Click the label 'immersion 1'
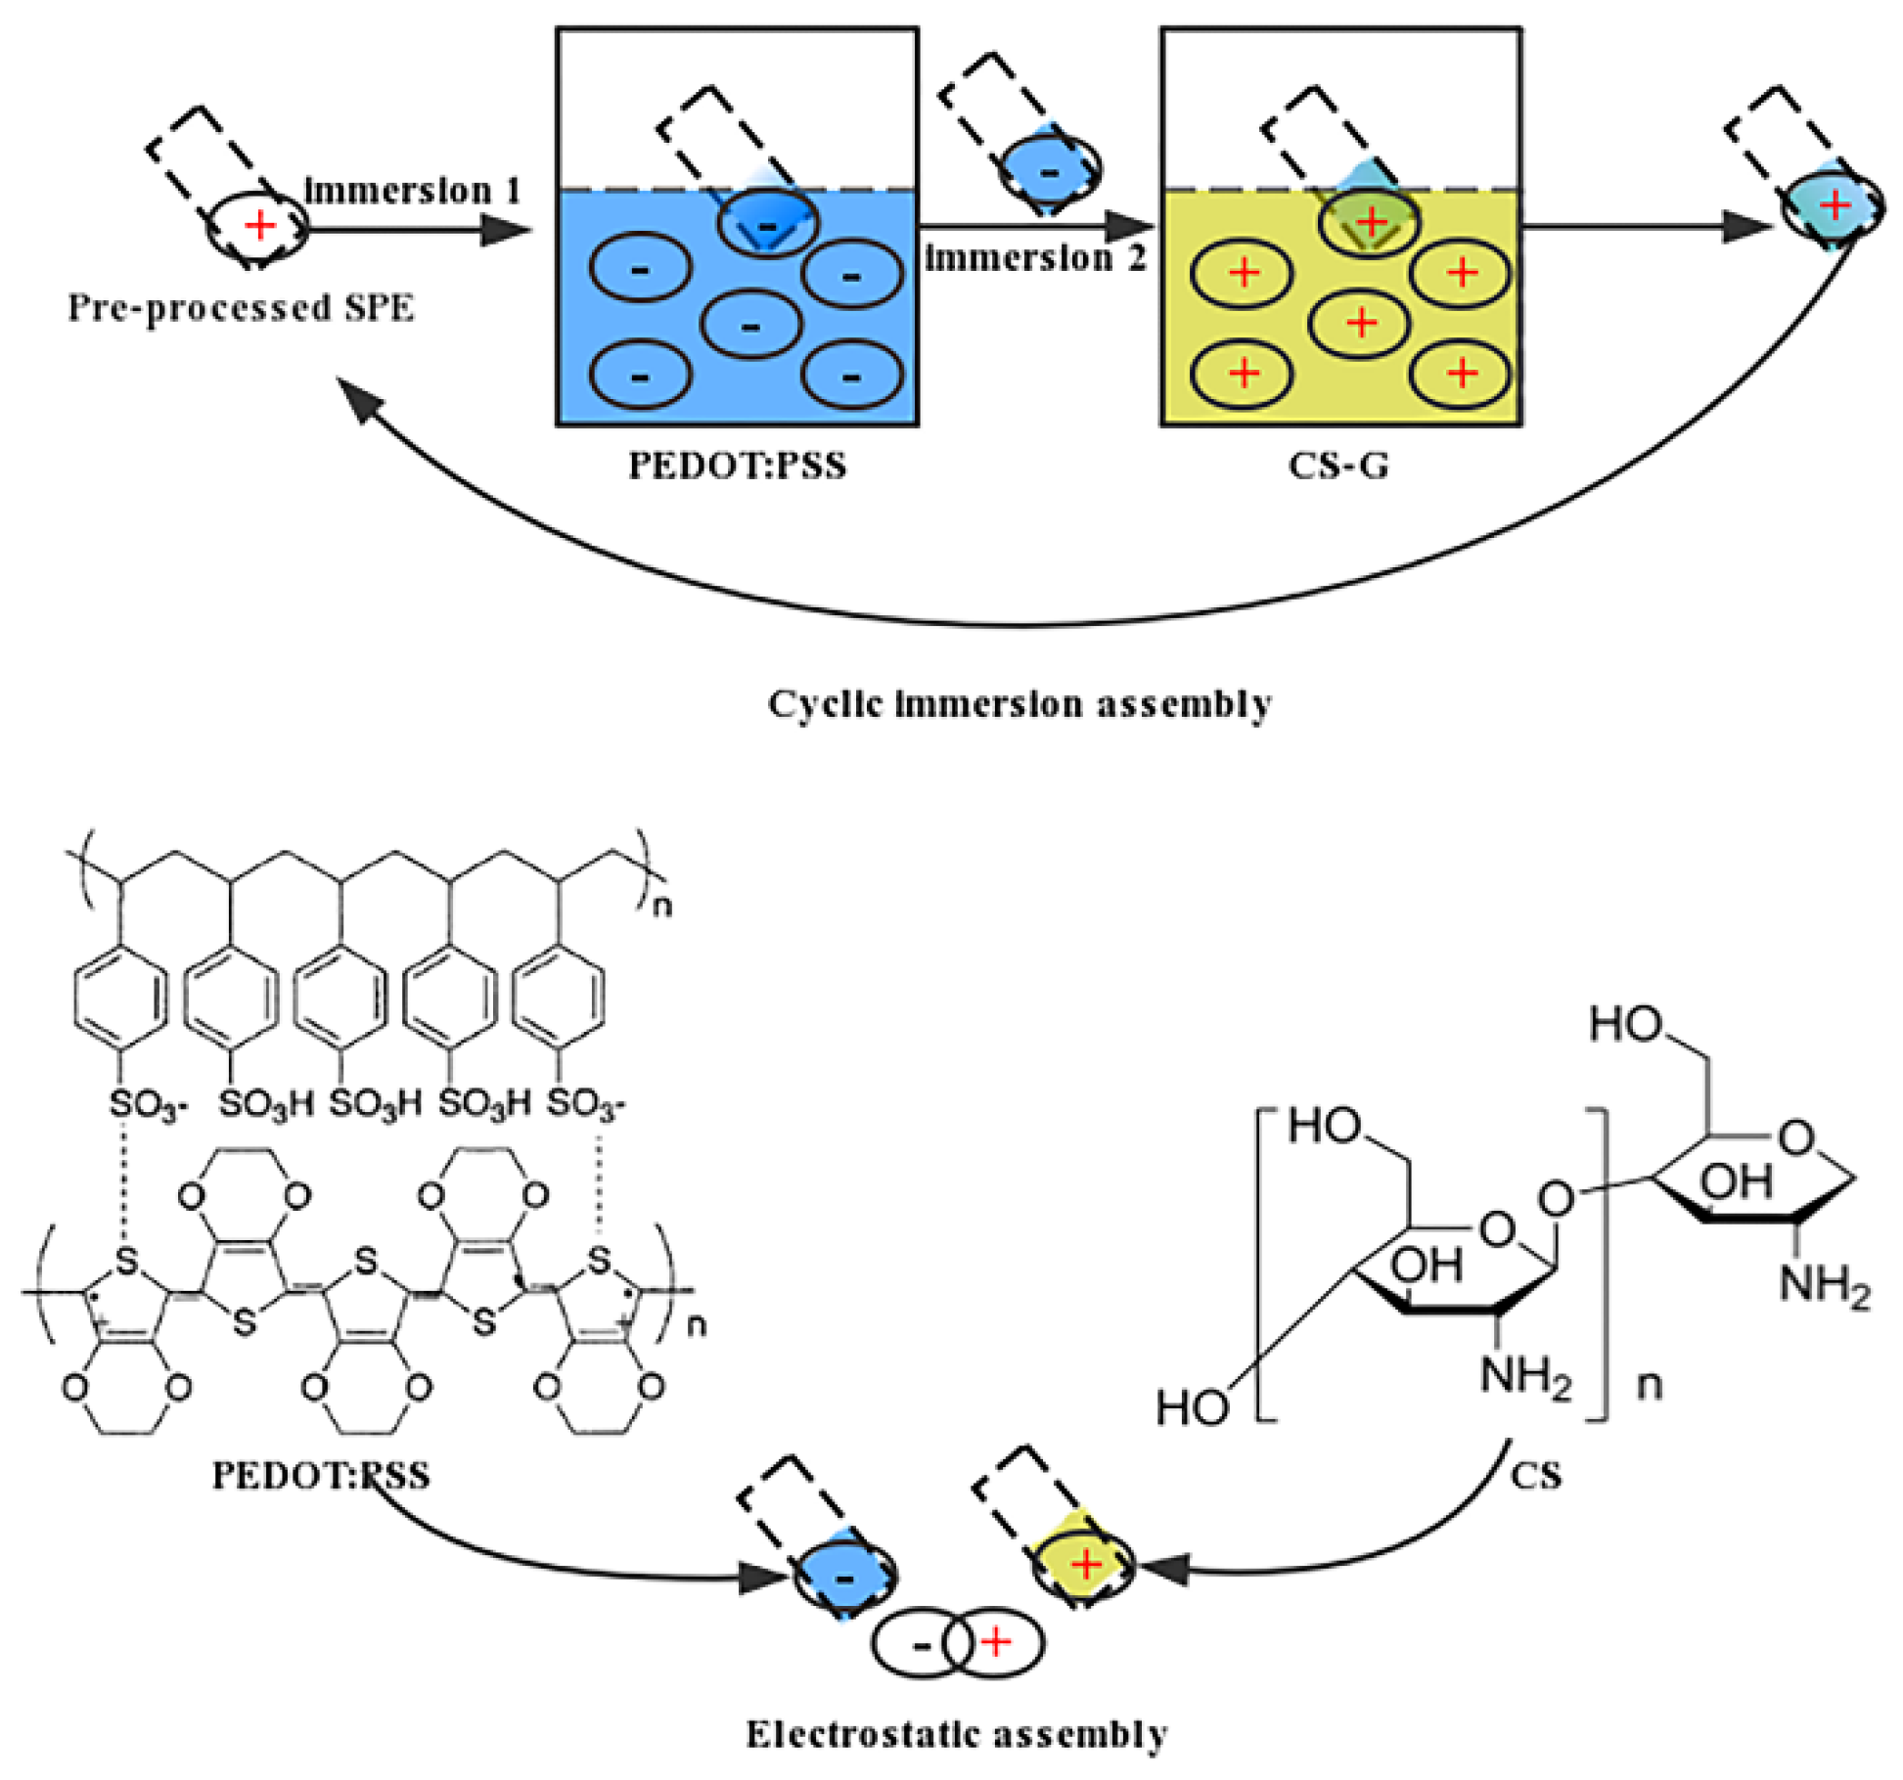coord(412,190)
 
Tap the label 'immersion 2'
coord(1034,258)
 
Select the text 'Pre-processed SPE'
coord(241,308)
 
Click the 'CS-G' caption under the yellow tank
coord(1337,466)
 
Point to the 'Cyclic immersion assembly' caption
coord(1019,703)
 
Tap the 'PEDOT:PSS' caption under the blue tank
coord(737,466)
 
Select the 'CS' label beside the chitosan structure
coord(1534,1475)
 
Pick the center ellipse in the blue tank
coord(750,326)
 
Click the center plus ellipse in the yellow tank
coord(1360,323)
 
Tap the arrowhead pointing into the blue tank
coord(507,230)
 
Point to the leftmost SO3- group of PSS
coord(146,1104)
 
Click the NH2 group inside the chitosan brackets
coord(1524,1376)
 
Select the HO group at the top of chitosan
coord(1625,1025)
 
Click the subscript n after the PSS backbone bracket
coord(662,906)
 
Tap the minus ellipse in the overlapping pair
coord(921,1645)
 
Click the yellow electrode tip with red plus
coord(1084,1566)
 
